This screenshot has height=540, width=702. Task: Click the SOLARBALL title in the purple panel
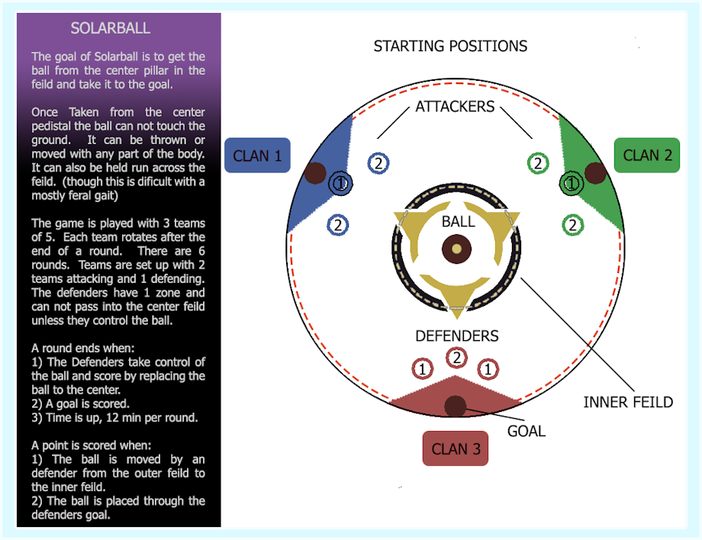[110, 28]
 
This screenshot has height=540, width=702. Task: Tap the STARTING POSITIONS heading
[450, 46]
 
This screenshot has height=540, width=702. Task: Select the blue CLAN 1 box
[257, 156]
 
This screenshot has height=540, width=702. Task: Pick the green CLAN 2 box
[647, 156]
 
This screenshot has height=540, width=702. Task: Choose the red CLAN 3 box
[456, 448]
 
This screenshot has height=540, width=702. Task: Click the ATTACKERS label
[455, 107]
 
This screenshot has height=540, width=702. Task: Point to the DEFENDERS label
[456, 336]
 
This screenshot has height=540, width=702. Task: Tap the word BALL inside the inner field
[458, 221]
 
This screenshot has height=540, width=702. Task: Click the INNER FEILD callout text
[628, 402]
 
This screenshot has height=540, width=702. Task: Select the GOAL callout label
[526, 431]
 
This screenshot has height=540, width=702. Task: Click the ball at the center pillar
[456, 249]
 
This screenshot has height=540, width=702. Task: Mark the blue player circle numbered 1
[341, 183]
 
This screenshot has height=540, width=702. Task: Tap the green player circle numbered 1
[572, 183]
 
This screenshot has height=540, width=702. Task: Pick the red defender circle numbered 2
[456, 358]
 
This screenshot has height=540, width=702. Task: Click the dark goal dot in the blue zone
[315, 173]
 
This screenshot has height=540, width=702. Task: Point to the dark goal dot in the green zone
[595, 173]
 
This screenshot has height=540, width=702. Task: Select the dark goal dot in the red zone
[456, 407]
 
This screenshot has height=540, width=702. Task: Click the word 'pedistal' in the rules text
[50, 127]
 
